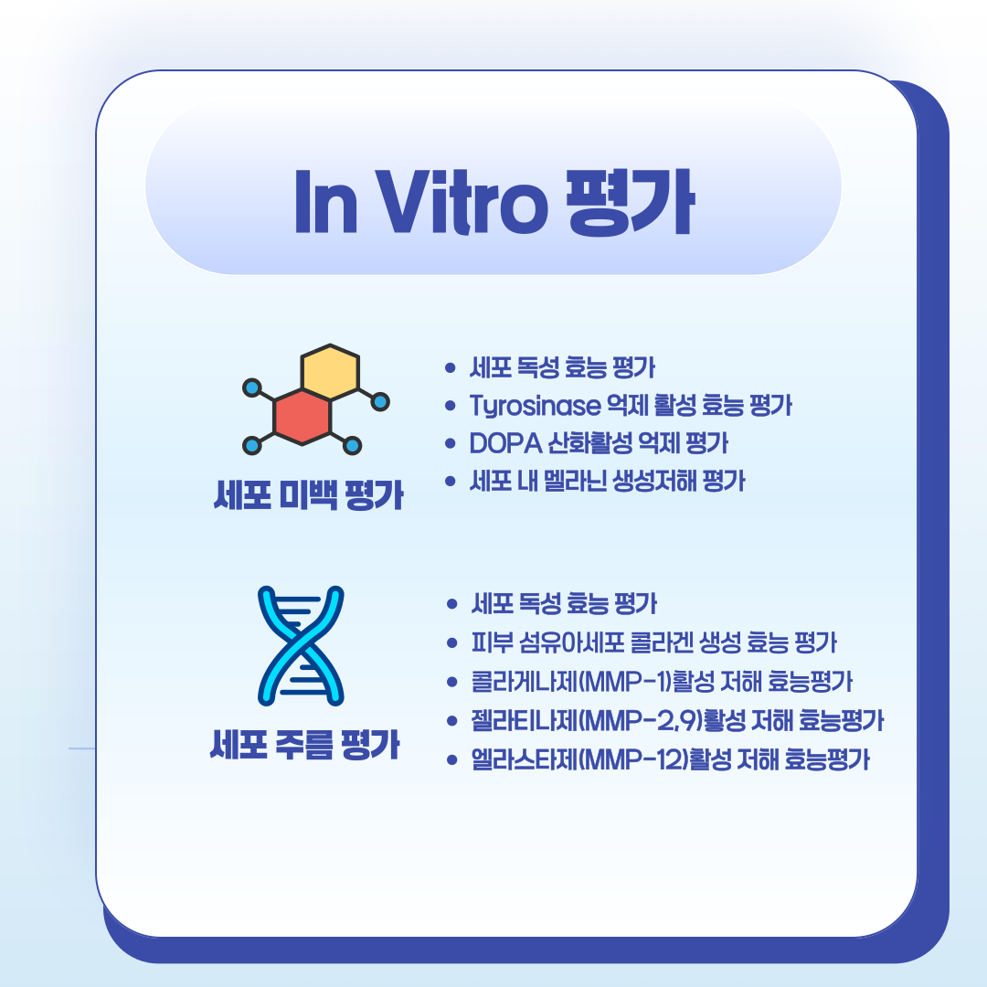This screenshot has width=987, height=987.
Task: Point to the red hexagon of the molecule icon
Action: pos(302,416)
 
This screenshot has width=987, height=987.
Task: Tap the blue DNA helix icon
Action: pos(301,645)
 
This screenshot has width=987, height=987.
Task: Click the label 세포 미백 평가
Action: pos(307,499)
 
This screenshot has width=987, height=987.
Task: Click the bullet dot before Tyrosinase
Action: pos(449,406)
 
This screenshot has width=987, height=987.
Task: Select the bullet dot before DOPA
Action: pos(449,443)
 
